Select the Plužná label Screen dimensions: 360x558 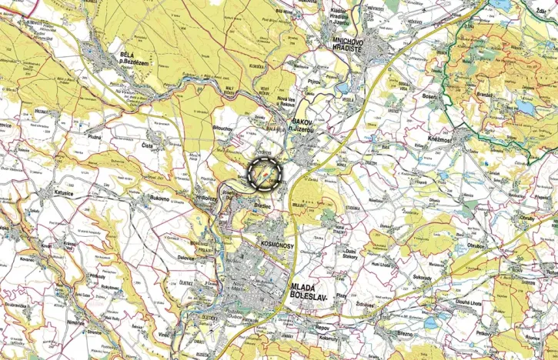click(x=94, y=135)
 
